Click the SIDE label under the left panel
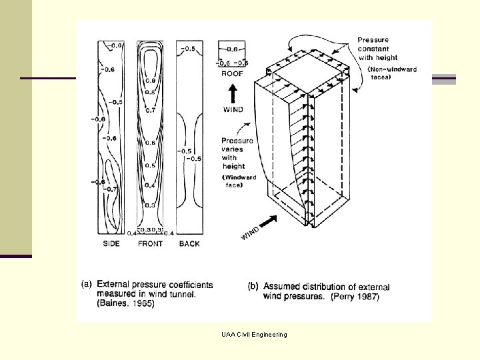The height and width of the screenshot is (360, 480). tap(111, 244)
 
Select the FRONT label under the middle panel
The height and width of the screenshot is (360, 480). tap(150, 244)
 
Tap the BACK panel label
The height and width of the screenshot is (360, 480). tap(189, 244)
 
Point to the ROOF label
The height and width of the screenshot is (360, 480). tap(232, 74)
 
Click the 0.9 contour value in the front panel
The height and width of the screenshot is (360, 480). tap(151, 81)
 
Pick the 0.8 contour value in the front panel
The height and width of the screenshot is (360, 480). tap(151, 92)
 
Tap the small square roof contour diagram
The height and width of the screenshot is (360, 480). tap(232, 55)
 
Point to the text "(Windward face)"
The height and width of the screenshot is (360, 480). tap(240, 181)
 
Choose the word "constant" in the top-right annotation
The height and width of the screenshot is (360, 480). tap(373, 49)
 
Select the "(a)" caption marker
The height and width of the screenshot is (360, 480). tap(87, 285)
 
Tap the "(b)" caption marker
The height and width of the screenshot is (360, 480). tap(253, 286)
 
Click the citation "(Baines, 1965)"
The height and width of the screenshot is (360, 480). tap(125, 304)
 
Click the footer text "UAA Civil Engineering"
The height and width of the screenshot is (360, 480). tap(255, 334)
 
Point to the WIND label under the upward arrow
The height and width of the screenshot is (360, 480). tap(233, 109)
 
